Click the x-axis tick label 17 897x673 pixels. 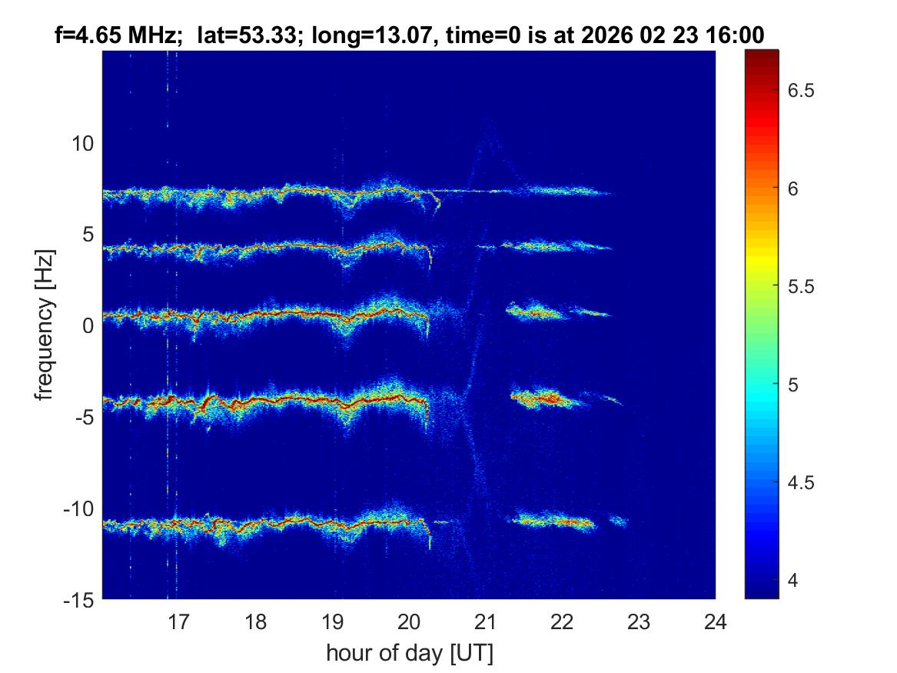pos(178,621)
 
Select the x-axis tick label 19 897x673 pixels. pos(332,621)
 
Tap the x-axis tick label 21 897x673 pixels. pos(485,621)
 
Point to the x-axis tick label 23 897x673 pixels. pos(639,621)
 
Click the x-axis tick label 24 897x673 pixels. pos(715,621)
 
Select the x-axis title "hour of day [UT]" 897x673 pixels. pos(409,653)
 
